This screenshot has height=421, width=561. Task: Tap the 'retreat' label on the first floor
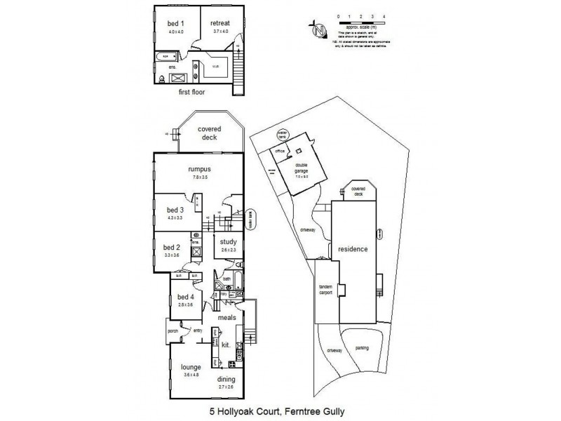(220, 23)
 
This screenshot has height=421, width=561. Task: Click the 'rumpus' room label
(201, 168)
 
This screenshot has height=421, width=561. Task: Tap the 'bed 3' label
(175, 210)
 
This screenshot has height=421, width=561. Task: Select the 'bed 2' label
(172, 247)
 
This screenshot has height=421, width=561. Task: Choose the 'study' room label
(227, 243)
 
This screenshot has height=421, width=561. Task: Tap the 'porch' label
(173, 331)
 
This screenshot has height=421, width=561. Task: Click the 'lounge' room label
(191, 367)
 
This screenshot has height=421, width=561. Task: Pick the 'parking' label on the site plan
(362, 347)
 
